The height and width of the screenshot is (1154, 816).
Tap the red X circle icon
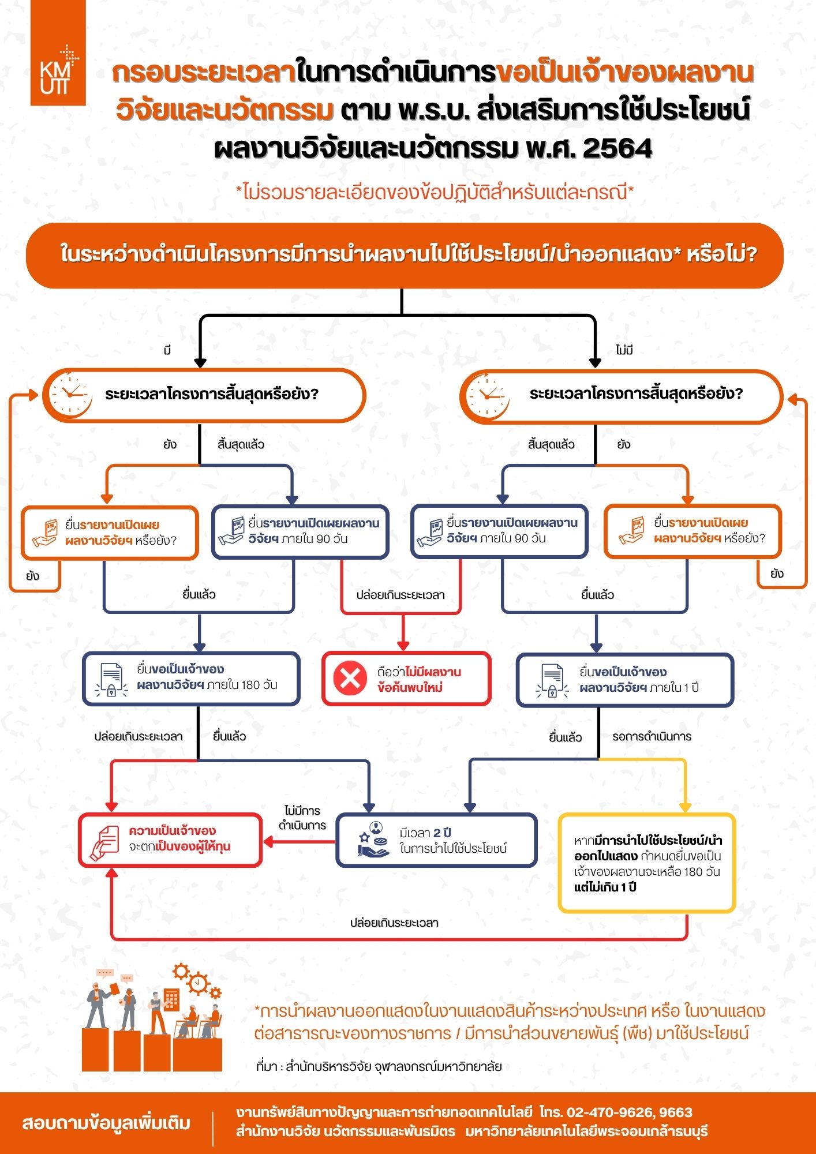coord(350,679)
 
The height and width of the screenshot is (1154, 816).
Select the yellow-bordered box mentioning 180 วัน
coord(646,863)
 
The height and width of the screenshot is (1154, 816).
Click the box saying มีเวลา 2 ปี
coord(436,840)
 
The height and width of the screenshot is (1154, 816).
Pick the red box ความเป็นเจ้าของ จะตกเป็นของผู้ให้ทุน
coord(170,840)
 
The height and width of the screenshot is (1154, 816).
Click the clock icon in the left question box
coord(70,395)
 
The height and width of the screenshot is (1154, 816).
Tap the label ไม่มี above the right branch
coord(624,350)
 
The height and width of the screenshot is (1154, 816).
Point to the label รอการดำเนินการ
coord(652,737)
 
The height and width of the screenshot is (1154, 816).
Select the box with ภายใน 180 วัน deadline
coord(191,679)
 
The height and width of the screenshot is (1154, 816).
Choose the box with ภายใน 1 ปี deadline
coord(624,680)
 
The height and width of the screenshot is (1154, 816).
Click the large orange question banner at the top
coord(405,255)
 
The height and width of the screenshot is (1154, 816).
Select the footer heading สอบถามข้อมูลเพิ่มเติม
coord(106,1123)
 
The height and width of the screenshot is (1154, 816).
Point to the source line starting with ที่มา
coord(379,1066)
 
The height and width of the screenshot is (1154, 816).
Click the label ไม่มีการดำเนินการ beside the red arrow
coord(302,818)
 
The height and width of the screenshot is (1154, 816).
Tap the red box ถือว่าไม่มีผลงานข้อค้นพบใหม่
coord(406,679)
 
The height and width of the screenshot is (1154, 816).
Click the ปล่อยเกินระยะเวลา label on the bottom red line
coord(394,923)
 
